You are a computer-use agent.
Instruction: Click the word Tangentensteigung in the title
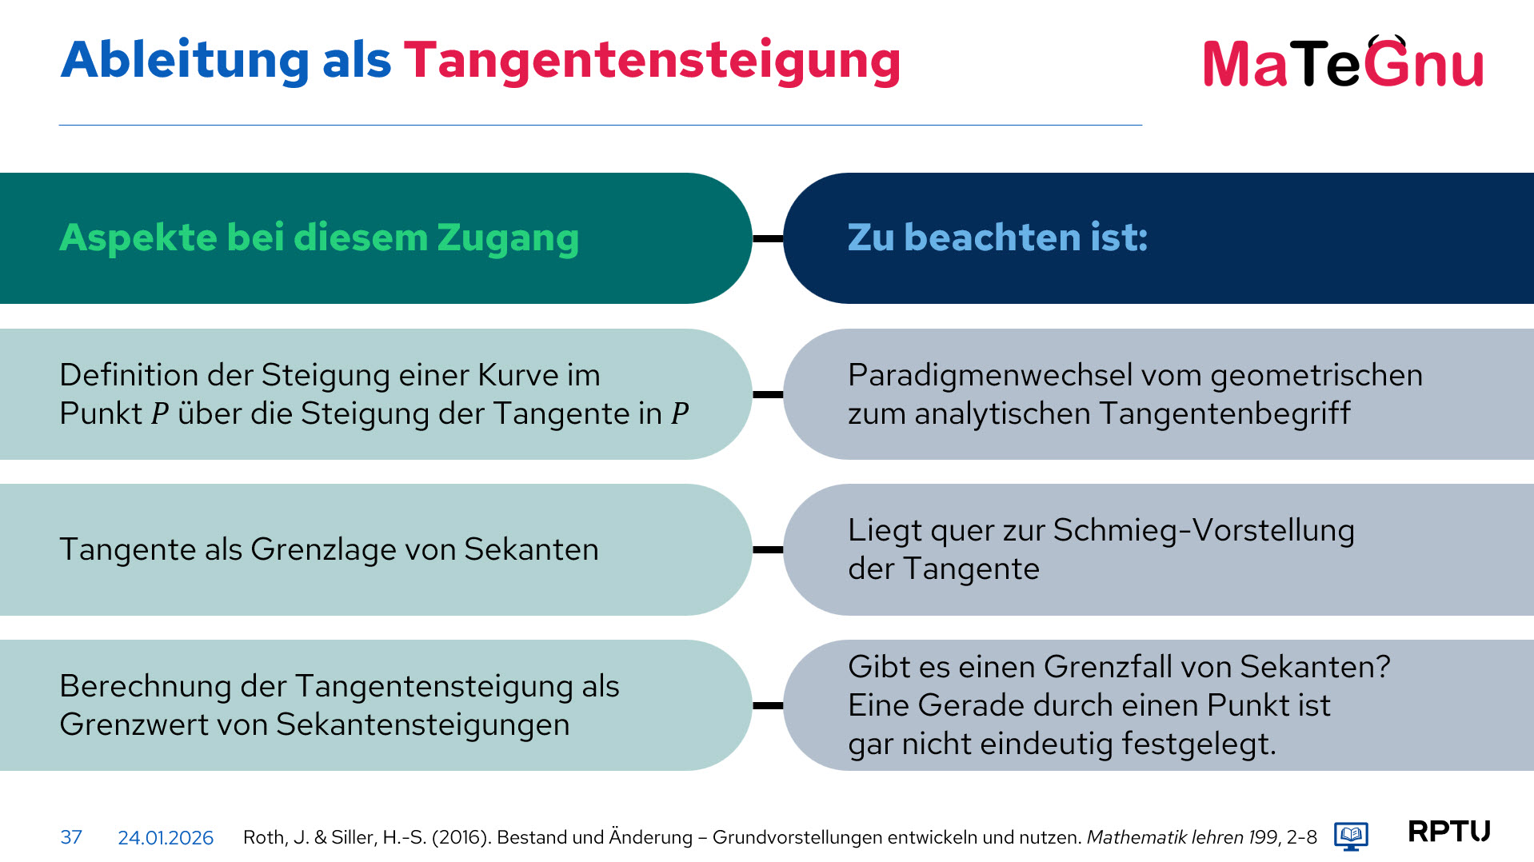(652, 62)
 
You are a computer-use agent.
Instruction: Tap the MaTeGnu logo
(1343, 62)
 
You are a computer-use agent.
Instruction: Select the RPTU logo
(1448, 832)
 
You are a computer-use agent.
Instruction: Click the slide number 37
(71, 837)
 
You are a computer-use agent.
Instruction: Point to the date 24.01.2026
(166, 837)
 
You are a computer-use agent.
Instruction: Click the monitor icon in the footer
(1351, 836)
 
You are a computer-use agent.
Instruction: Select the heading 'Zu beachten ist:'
(997, 237)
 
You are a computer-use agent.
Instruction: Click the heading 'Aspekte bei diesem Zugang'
(319, 238)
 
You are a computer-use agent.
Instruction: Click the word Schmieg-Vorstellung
(1204, 531)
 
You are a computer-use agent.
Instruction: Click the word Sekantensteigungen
(422, 725)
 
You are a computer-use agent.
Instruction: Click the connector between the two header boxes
(768, 238)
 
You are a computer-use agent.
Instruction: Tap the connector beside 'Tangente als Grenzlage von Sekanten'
(768, 549)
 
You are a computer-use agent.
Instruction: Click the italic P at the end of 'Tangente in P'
(680, 414)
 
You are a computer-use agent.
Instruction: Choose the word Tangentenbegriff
(1224, 414)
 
